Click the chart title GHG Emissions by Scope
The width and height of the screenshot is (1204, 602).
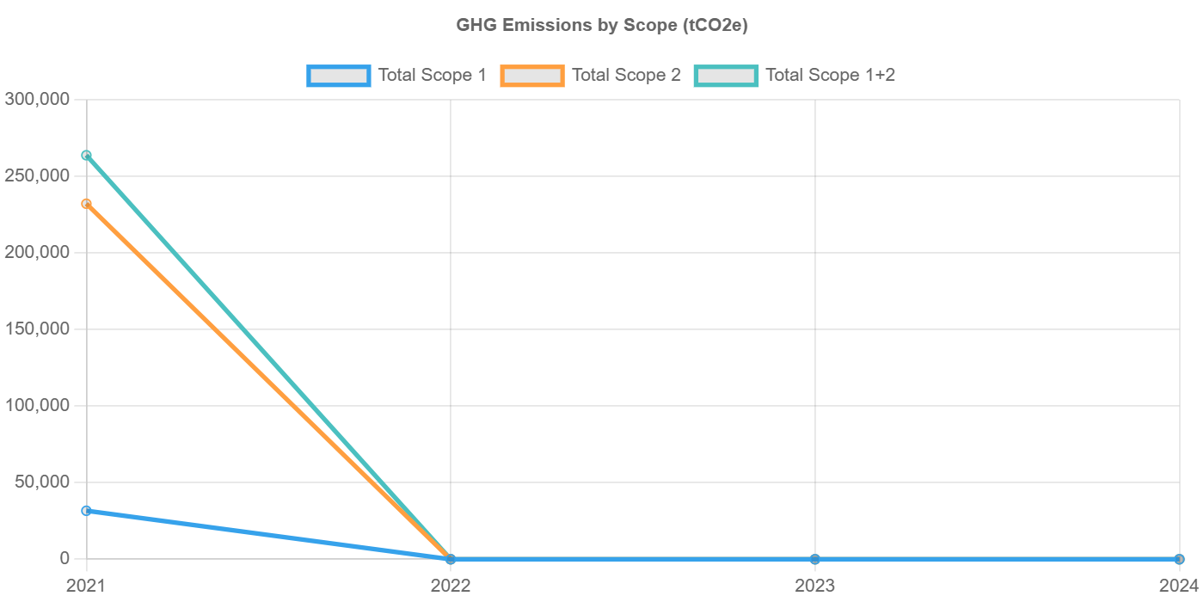[x=602, y=25]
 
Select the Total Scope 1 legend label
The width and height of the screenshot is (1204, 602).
[x=433, y=76]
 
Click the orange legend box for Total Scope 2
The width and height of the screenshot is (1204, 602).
[x=532, y=76]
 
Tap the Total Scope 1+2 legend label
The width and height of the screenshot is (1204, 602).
[x=830, y=76]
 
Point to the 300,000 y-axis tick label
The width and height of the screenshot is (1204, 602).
[x=37, y=99]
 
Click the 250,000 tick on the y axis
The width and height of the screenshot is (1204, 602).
[x=37, y=175]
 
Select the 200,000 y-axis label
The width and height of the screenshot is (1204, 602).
[x=37, y=252]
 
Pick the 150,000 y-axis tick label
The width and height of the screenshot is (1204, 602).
[x=37, y=329]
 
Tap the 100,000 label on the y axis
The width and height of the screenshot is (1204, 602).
[x=37, y=405]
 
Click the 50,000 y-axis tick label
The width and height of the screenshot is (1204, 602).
[x=41, y=482]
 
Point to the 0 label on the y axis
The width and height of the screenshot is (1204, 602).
[x=64, y=558]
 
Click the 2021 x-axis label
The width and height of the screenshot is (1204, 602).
[x=86, y=587]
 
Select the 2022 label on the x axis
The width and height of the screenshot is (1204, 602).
[x=450, y=587]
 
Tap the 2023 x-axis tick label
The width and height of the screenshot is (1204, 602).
[x=814, y=587]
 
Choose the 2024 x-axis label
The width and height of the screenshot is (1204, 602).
[x=1178, y=587]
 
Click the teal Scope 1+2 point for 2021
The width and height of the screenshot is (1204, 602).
[x=86, y=156]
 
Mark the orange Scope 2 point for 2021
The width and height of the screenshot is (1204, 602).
[x=86, y=204]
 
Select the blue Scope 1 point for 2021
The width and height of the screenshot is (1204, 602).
[x=86, y=511]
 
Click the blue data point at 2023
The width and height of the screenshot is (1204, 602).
[x=814, y=559]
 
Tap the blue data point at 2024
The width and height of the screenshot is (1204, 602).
[x=1179, y=559]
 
